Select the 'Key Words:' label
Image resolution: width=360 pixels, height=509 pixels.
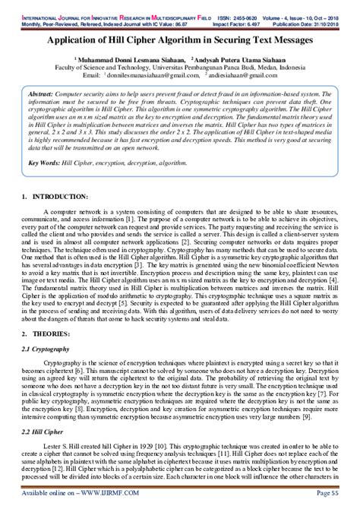pos(46,162)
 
